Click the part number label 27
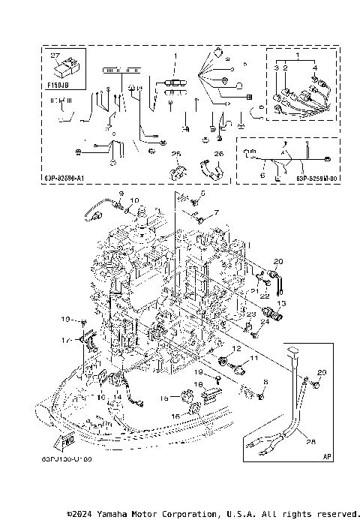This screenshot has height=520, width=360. [x=53, y=56]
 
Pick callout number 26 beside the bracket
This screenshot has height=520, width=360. [x=219, y=154]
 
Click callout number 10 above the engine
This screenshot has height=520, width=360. [x=135, y=200]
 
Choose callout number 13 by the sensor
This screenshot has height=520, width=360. [x=282, y=302]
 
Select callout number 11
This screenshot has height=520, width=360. [x=253, y=359]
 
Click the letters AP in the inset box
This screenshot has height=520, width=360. [x=327, y=455]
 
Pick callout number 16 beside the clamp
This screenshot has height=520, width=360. [x=175, y=415]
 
